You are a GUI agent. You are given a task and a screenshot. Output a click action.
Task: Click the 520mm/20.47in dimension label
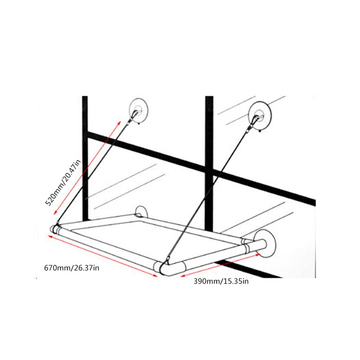[x=63, y=183]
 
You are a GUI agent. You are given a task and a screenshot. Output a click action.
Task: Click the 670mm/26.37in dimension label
[x=72, y=268]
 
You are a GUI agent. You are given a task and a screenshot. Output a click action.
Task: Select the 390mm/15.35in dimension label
[x=221, y=281]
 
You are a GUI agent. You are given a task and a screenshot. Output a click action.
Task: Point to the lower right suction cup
[x=266, y=243]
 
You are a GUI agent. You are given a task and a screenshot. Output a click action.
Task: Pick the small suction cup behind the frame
[x=141, y=212]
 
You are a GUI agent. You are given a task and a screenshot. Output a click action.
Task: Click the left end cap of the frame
[x=54, y=229]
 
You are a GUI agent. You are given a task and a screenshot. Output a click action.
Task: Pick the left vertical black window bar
[x=85, y=158]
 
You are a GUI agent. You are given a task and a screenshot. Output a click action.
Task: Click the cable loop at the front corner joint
[x=167, y=260]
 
